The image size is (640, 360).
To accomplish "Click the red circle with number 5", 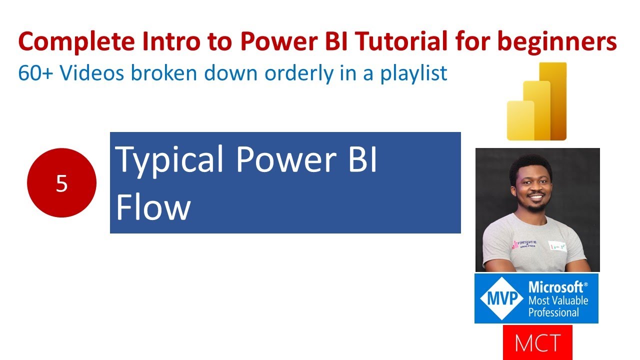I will point(61,183).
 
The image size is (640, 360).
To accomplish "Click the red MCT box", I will point(537,343).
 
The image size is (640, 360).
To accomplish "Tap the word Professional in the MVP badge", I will point(553,312).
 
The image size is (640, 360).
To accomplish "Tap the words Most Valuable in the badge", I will point(558,300).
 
